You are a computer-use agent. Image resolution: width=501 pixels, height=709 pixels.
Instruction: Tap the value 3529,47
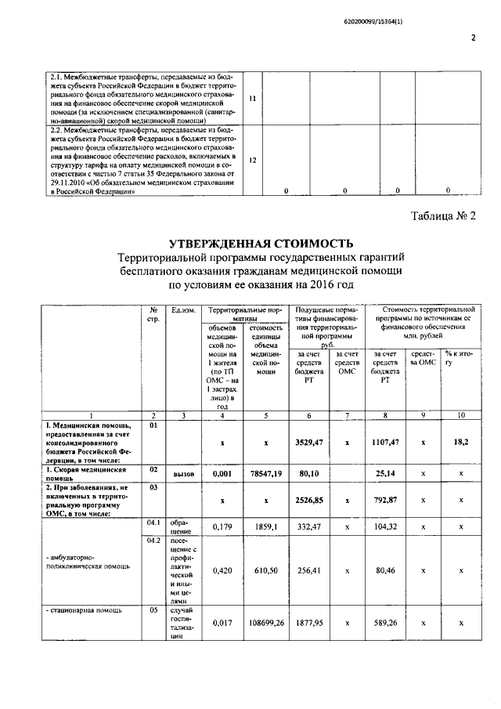click(x=309, y=443)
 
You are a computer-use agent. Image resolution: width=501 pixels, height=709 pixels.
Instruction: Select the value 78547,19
click(x=266, y=474)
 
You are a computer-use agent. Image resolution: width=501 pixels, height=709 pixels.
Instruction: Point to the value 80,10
click(x=309, y=474)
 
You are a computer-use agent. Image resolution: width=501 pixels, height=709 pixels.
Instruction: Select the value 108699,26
click(x=266, y=624)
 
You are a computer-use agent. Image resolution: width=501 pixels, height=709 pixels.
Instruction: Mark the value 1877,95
click(x=309, y=624)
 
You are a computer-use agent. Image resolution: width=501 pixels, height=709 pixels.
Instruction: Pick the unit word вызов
click(x=183, y=475)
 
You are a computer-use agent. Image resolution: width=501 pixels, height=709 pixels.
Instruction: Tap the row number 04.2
click(x=153, y=540)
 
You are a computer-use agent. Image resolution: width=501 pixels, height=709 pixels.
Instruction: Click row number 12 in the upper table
click(x=253, y=159)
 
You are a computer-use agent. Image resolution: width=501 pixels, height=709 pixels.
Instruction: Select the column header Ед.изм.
click(x=183, y=311)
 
